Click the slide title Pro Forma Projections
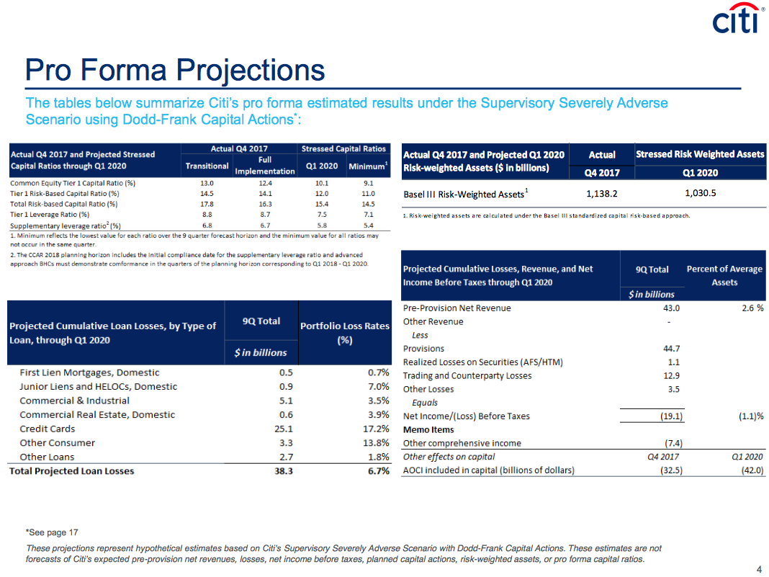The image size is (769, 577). point(175,70)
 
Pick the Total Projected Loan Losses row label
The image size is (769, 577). point(71,471)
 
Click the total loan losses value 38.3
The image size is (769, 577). point(284,471)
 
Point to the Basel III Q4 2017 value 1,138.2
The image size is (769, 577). point(602,194)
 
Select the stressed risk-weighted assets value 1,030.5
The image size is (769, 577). point(701,193)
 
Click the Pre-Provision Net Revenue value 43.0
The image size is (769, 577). point(671,308)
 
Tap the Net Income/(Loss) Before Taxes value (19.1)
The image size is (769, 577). point(671,416)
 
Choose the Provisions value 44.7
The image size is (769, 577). point(671,349)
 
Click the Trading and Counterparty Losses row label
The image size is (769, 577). point(467,376)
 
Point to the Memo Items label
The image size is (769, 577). point(428,430)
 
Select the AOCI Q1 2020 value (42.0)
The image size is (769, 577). point(752,470)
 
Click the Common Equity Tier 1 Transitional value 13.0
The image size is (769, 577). point(207,183)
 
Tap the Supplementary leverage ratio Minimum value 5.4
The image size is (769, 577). point(369,225)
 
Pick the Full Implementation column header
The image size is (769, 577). point(265,166)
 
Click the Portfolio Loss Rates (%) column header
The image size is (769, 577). point(345,333)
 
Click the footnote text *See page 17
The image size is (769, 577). point(52,532)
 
